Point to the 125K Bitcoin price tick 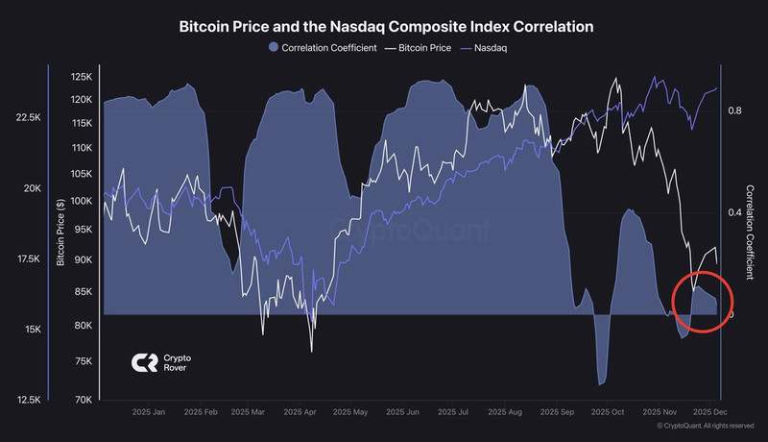(81, 77)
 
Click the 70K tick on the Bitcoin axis (84, 398)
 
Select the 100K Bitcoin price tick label (81, 202)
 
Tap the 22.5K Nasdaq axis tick (28, 117)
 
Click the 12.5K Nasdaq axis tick (28, 399)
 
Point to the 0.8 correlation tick (733, 110)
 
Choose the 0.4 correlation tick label (733, 212)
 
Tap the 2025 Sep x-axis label (557, 411)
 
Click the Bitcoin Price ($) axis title (61, 232)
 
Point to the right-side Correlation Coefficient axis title (751, 232)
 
